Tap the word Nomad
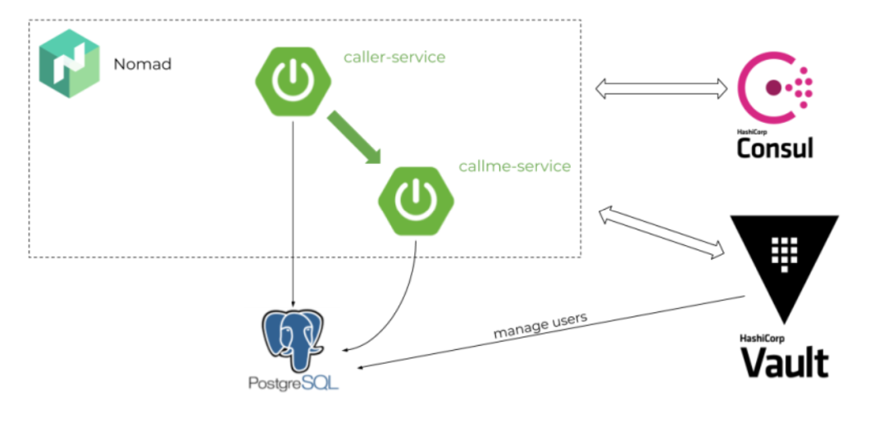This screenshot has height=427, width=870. coord(143,64)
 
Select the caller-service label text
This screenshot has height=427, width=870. coord(394,57)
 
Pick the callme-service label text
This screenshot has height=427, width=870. coord(514,166)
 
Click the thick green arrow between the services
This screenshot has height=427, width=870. coord(354,137)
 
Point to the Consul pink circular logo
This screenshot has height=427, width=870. coord(775,88)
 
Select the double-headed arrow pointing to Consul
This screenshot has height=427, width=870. coord(660,88)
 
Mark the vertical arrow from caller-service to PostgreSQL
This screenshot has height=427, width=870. coord(293,213)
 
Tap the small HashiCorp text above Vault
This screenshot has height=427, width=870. coord(760,338)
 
